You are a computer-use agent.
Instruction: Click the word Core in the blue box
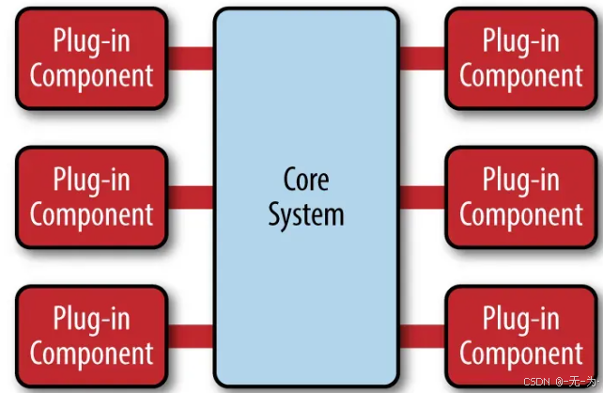306,178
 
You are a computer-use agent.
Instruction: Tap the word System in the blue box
306,214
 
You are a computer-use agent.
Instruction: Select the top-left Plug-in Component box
91,57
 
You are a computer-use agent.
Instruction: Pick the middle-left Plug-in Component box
91,196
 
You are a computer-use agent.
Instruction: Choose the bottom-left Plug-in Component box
91,336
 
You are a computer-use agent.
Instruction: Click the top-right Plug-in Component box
521,57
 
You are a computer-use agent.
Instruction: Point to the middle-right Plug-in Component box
521,196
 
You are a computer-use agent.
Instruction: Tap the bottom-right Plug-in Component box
521,336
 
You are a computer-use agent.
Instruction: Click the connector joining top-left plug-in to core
191,58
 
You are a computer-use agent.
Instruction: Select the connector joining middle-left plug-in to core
191,196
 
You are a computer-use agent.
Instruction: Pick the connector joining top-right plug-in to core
422,58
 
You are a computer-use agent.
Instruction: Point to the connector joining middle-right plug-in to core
422,196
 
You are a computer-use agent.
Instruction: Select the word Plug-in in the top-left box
91,41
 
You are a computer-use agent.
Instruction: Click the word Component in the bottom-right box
521,354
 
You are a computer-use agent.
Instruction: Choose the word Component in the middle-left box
91,214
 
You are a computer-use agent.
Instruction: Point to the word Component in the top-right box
521,75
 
